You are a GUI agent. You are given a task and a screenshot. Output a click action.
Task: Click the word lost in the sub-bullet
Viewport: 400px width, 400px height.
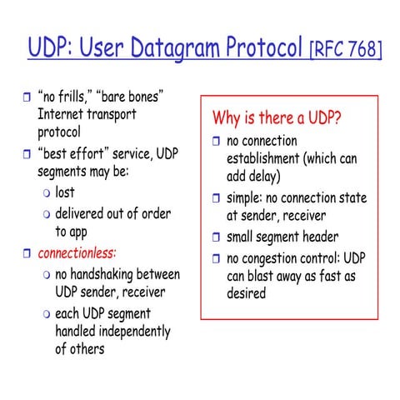[65, 192]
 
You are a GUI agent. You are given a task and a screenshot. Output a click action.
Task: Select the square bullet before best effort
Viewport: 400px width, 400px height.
[25, 154]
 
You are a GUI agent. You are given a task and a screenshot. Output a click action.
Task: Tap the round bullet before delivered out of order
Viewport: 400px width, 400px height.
[47, 214]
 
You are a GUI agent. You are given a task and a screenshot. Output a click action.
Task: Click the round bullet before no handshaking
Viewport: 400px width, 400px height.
[47, 274]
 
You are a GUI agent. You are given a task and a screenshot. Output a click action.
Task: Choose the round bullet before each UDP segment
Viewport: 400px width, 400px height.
[47, 314]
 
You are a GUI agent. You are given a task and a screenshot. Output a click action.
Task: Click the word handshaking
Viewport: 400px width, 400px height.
[106, 273]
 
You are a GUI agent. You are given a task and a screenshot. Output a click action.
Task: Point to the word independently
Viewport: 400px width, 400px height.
[130, 332]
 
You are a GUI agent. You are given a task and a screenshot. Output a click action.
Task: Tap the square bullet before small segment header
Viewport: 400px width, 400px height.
[217, 237]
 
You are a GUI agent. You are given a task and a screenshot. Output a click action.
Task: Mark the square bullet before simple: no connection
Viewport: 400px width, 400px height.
[217, 199]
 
